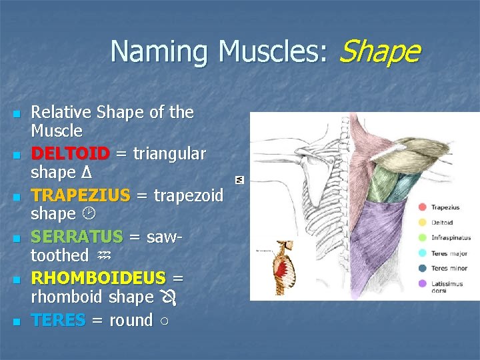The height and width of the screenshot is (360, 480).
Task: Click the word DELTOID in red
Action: click(70, 154)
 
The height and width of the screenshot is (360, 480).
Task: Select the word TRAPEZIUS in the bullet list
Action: click(80, 195)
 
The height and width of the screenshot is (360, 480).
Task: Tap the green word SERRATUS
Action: click(77, 237)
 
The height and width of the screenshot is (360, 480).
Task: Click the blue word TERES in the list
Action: click(58, 320)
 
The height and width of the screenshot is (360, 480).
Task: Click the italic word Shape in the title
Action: click(379, 51)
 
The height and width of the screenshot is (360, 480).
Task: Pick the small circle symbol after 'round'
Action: click(164, 321)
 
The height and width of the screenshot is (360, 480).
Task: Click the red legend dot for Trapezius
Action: click(421, 207)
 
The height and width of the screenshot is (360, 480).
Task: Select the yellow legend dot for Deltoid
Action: click(421, 223)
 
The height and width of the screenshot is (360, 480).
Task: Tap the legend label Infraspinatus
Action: click(451, 238)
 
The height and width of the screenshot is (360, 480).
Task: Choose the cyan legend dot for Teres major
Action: click(421, 253)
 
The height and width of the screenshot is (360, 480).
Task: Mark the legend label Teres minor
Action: click(449, 268)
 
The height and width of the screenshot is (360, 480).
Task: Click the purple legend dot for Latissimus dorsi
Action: click(421, 283)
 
